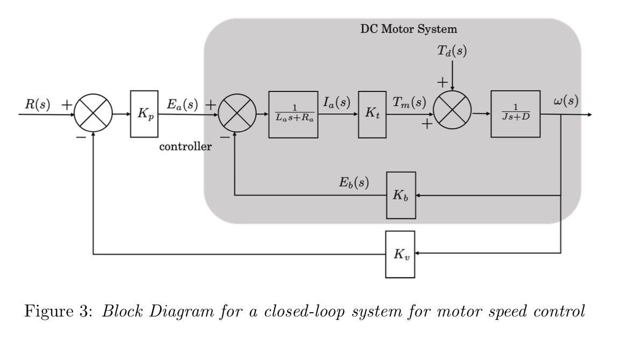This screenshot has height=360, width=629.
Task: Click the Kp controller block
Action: pyautogui.click(x=144, y=114)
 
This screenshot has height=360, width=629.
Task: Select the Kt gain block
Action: pyautogui.click(x=373, y=114)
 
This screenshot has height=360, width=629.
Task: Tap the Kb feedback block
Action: pyautogui.click(x=401, y=195)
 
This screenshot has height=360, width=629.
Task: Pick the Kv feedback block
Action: pyautogui.click(x=401, y=254)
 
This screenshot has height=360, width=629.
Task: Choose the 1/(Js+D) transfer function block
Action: pyautogui.click(x=515, y=114)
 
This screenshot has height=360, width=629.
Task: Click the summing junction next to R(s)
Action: pyautogui.click(x=94, y=114)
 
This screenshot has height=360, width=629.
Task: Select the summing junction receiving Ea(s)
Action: pyautogui.click(x=237, y=114)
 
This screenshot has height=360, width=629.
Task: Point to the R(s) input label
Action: pyautogui.click(x=37, y=104)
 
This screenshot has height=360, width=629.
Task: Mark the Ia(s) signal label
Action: pyautogui.click(x=337, y=102)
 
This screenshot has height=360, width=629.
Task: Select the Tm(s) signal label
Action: pyautogui.click(x=409, y=102)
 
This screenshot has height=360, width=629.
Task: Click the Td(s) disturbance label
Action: pyautogui.click(x=452, y=51)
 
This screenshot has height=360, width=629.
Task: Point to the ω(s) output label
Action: pyautogui.click(x=566, y=102)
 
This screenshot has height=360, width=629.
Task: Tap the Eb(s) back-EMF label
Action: pyautogui.click(x=354, y=182)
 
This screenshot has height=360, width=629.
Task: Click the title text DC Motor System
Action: pyautogui.click(x=409, y=28)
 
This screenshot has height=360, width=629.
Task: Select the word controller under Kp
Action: pyautogui.click(x=185, y=147)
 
